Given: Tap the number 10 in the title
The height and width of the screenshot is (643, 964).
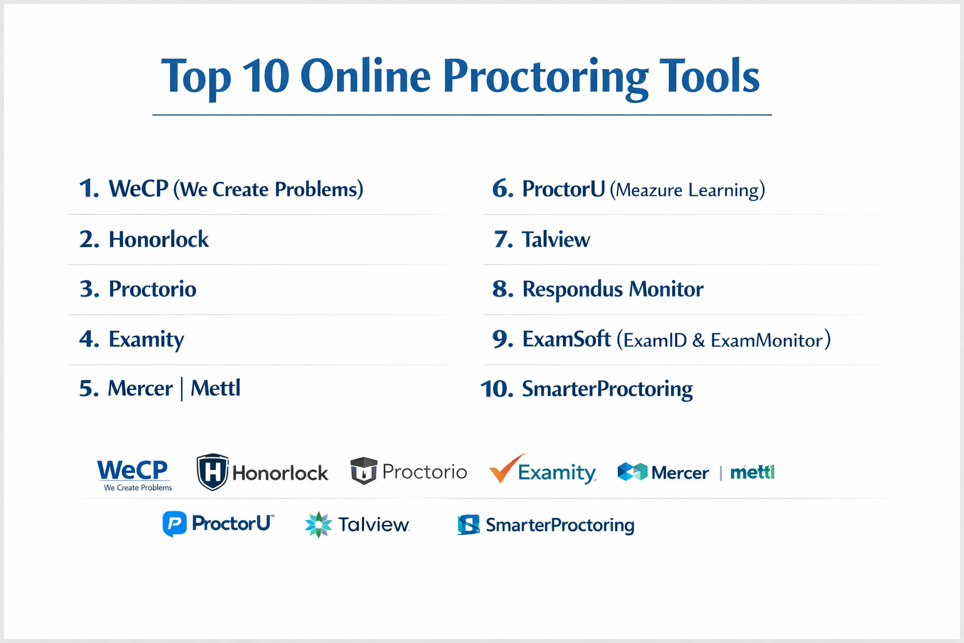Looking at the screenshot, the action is point(265,75).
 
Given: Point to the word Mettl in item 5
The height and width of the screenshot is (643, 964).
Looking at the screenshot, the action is point(215,388).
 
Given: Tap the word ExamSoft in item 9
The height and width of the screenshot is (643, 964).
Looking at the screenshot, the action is point(566,339).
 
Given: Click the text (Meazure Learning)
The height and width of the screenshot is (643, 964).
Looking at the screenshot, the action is point(688,190).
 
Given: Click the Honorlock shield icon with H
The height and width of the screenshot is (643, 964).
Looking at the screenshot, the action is point(212,472).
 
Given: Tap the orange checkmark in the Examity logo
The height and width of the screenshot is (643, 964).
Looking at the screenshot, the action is point(506,468).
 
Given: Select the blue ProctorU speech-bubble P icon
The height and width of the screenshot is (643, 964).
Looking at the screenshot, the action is point(174,524).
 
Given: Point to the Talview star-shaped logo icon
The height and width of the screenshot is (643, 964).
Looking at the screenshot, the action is point(318,524).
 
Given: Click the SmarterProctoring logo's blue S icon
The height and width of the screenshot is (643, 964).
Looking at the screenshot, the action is point(468,524).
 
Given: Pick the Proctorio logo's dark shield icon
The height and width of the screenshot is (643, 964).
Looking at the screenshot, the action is point(363,471).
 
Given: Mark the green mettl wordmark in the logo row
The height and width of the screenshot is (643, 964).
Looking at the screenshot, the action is point(752,472).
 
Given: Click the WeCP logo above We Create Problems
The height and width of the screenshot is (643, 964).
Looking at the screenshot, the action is point(132,470).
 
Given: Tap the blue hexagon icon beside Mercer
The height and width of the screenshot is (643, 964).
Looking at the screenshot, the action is point(632,472).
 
